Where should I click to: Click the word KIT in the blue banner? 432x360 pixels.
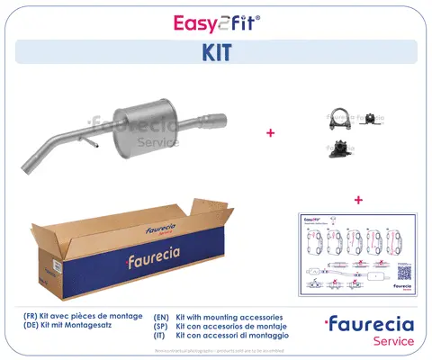215,52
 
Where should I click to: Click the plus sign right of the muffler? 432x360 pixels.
270,133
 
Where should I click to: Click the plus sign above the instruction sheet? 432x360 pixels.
358,199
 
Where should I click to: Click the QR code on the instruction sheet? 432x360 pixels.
404,268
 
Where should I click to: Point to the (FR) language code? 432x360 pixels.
32,317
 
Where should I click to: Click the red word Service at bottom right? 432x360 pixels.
391,341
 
